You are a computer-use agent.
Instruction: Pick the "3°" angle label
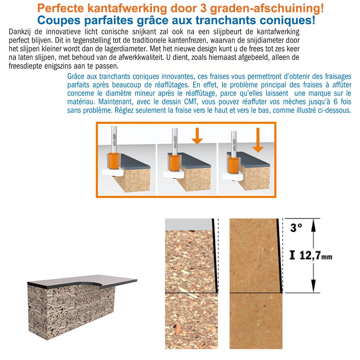pyautogui.click(x=296, y=228)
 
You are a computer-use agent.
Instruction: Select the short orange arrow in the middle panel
pyautogui.click(x=197, y=136)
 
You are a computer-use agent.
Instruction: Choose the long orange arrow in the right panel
pyautogui.click(x=258, y=140)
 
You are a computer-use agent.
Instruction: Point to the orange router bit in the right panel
pyautogui.click(x=234, y=166)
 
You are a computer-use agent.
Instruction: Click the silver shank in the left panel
pyautogui.click(x=114, y=139)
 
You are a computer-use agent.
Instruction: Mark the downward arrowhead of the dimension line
pyautogui.click(x=314, y=286)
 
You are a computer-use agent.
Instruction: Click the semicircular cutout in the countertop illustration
pyautogui.click(x=91, y=284)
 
